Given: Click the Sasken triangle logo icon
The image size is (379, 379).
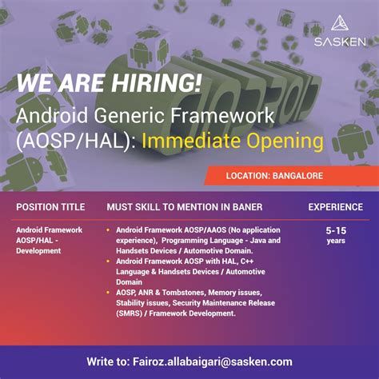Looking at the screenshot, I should (x=339, y=22).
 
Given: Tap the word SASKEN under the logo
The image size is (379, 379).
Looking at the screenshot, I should (x=339, y=41).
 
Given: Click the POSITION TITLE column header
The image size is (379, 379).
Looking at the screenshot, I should (x=50, y=207).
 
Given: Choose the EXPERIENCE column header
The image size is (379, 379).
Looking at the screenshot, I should (x=336, y=207).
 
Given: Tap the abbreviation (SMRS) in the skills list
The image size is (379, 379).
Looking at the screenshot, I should (x=130, y=313).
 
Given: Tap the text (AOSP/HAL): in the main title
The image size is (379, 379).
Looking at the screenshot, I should (x=74, y=142).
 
